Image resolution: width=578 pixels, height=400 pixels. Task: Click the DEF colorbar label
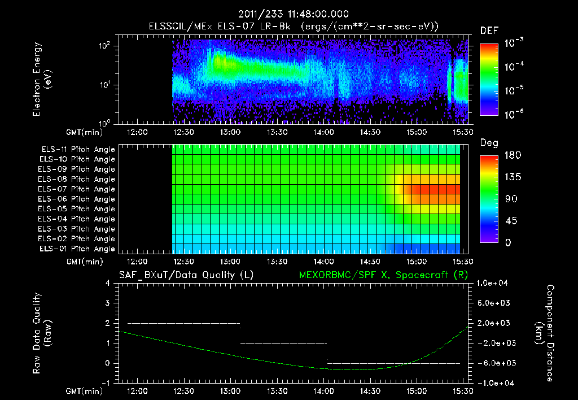489,31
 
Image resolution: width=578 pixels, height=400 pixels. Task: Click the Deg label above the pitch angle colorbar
489,143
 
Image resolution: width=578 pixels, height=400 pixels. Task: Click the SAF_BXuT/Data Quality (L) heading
186,275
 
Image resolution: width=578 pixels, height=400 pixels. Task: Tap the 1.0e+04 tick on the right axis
493,283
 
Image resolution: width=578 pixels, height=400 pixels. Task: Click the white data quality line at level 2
183,323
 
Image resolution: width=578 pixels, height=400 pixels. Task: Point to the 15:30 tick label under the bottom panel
463,390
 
